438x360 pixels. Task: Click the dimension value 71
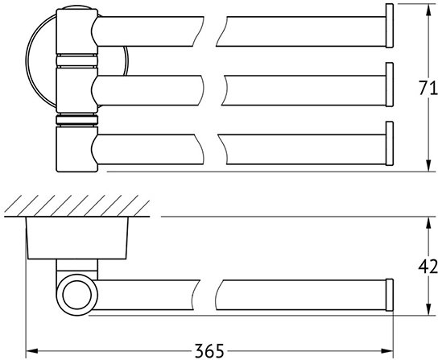click(428, 88)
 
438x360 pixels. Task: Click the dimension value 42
click(428, 266)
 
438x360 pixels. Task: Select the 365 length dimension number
click(209, 350)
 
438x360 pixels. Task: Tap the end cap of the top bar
click(390, 26)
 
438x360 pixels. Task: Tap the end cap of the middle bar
click(390, 85)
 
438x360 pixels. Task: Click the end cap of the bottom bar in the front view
click(390, 143)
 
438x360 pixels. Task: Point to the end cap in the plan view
click(390, 295)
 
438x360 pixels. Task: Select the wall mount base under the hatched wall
click(77, 238)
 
